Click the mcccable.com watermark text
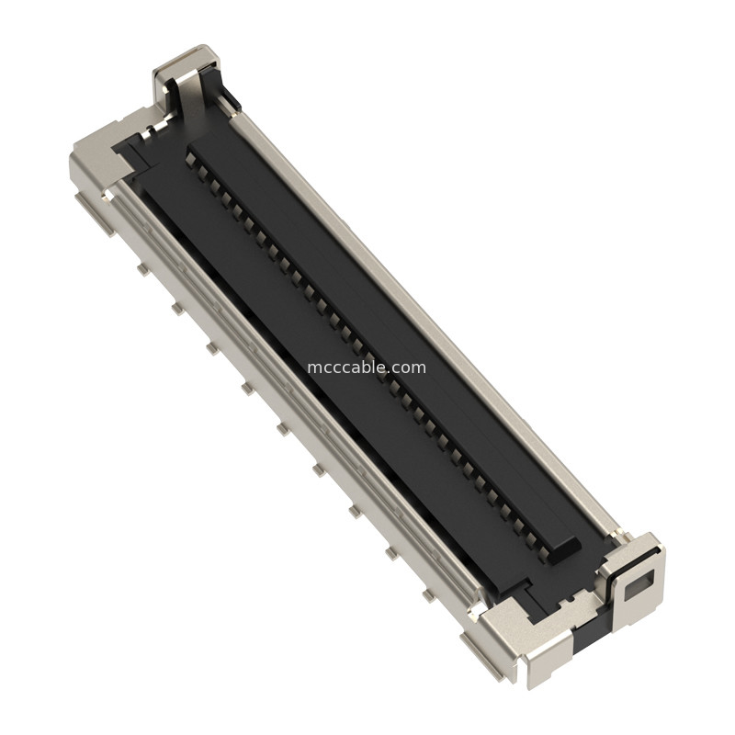click(367, 367)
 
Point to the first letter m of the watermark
click(313, 367)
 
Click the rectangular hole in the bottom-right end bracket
click(641, 581)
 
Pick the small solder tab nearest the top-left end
click(142, 269)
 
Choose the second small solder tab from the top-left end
click(176, 309)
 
